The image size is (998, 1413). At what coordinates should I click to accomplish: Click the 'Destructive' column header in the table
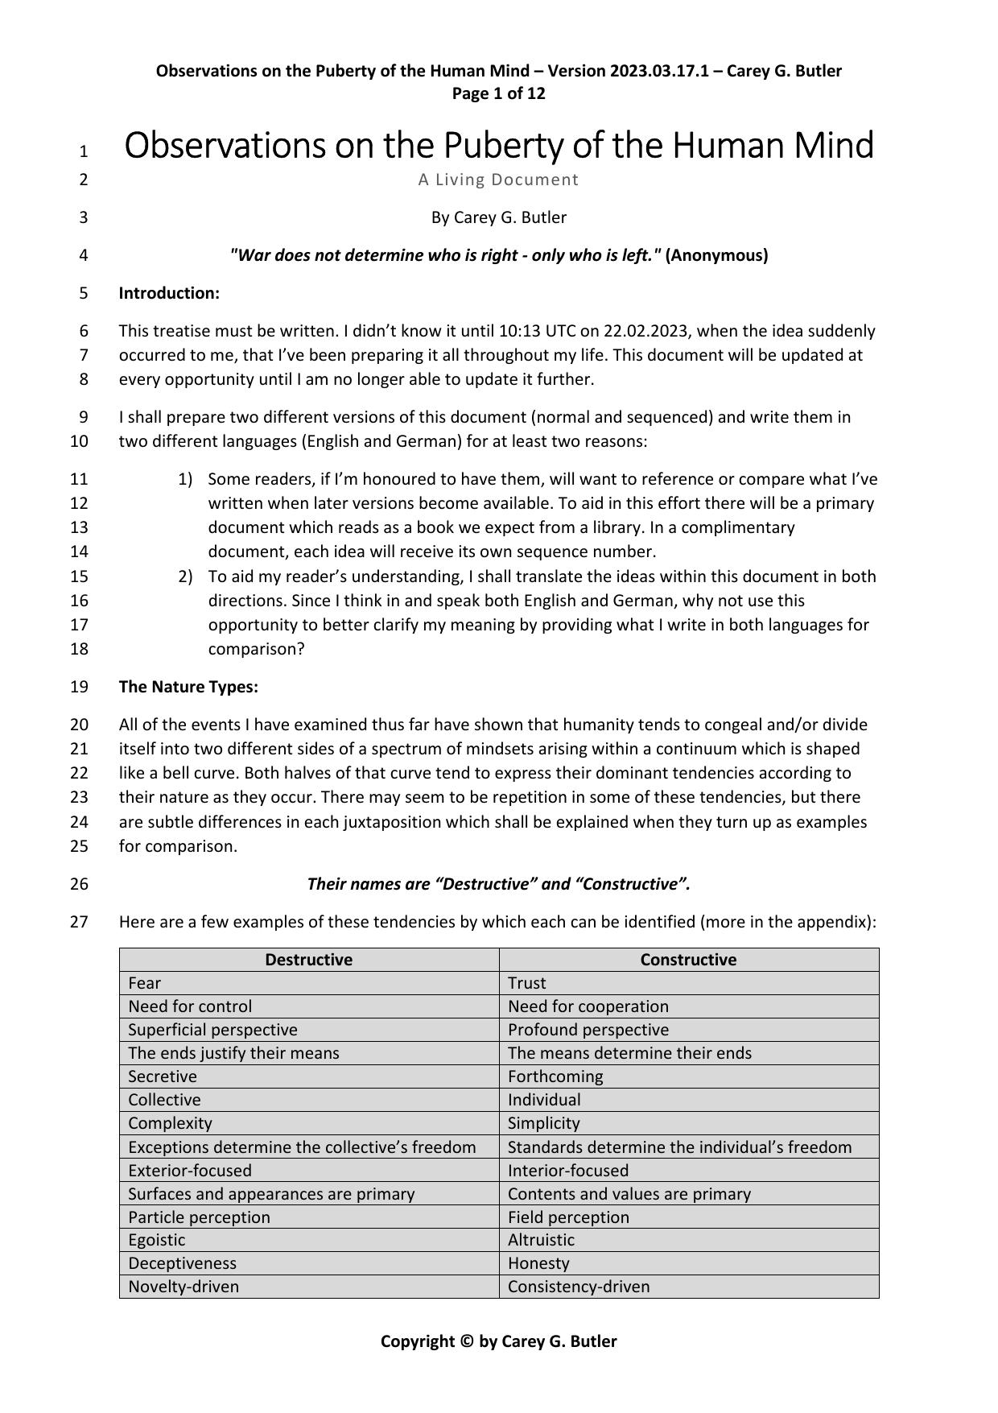point(308,960)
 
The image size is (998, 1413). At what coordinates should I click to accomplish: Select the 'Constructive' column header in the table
point(688,960)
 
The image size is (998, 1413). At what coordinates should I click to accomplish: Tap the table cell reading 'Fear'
point(145,983)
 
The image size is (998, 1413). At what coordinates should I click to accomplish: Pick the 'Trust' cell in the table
point(526,983)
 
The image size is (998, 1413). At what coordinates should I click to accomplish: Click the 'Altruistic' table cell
point(541,1240)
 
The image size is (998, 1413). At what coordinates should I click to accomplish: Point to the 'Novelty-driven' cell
point(184,1287)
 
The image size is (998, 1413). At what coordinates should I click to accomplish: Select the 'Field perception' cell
point(568,1217)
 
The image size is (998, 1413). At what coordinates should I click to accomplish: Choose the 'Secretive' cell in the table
point(163,1076)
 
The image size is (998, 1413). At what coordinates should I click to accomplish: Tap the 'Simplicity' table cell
point(543,1123)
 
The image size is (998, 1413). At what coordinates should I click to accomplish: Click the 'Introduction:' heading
point(169,293)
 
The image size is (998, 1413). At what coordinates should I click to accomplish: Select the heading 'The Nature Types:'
point(188,687)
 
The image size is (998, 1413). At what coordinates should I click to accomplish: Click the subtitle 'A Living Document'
point(498,180)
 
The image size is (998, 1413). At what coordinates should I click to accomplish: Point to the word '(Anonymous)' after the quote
point(716,255)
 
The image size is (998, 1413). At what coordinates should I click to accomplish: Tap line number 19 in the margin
point(79,687)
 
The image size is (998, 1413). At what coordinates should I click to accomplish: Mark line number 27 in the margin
point(79,922)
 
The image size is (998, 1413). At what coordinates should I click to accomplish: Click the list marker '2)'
point(185,576)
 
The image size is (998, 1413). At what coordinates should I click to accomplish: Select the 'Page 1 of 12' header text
point(498,93)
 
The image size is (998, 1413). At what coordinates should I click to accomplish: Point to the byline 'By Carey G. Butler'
point(498,217)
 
